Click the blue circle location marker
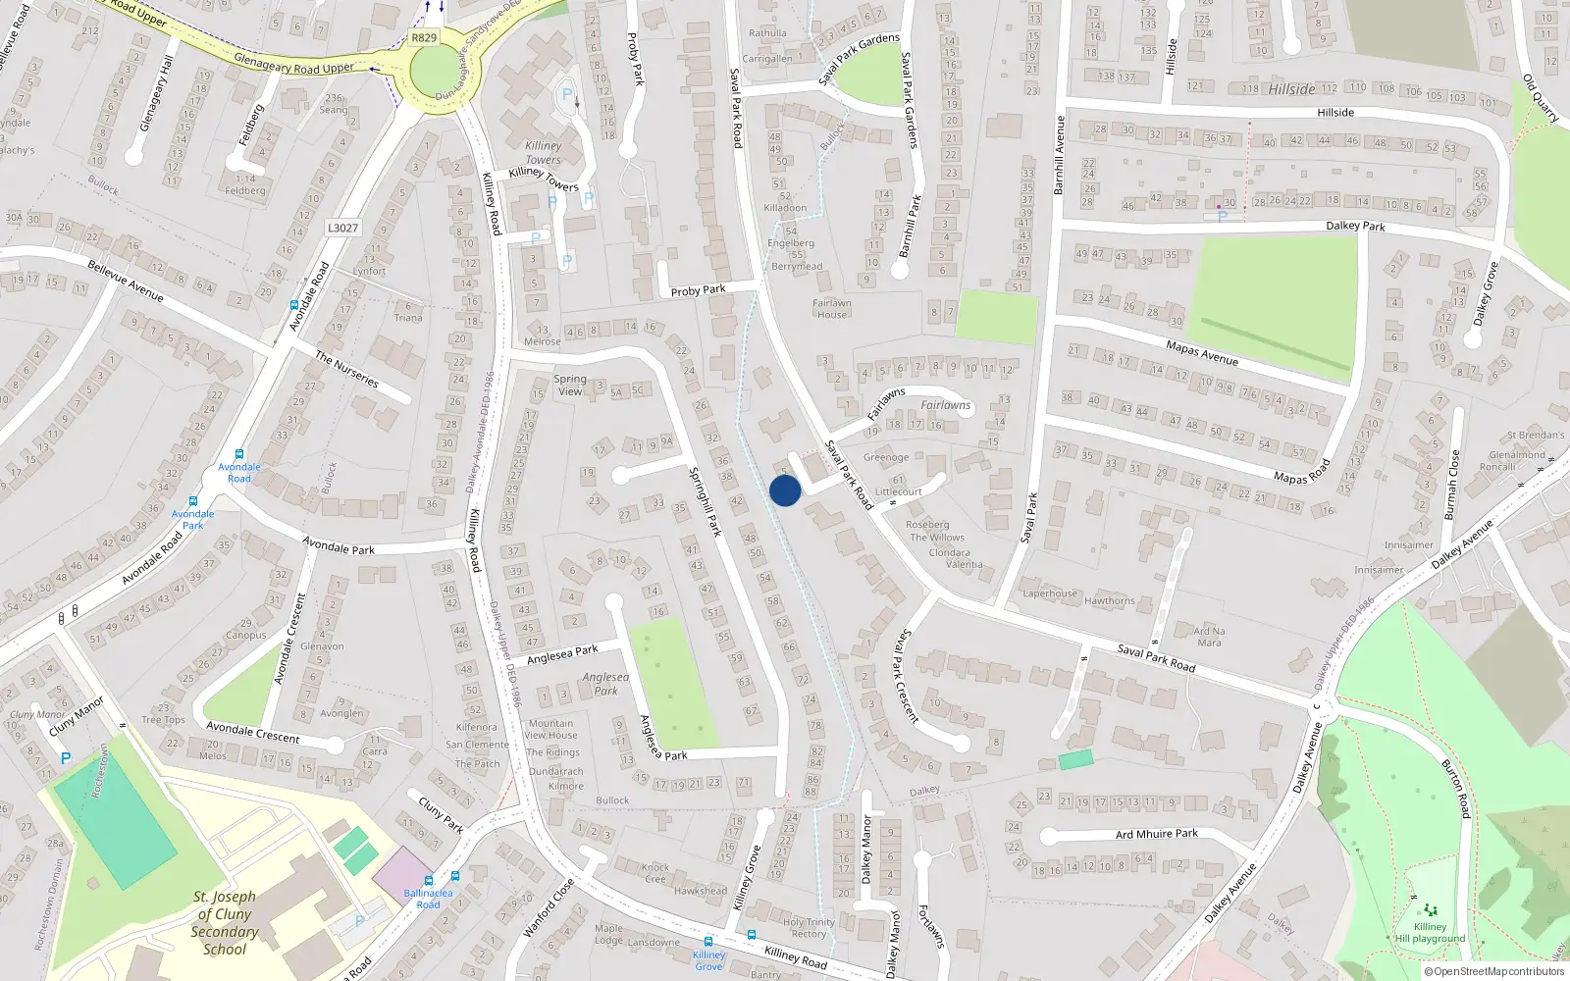coord(785,490)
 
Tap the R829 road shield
coord(424,38)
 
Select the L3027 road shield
coord(342,228)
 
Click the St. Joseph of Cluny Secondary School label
coord(225,923)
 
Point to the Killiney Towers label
coord(543,152)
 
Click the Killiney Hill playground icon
coord(1430,910)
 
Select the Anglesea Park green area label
coord(605,684)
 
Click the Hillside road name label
coord(1334,113)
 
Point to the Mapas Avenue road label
coord(1202,353)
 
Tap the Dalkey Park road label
coord(1355,226)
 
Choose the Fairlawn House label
coord(831,309)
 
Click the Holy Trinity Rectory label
coord(809,928)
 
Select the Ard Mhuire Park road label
coord(1157,834)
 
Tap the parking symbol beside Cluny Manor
coord(66,758)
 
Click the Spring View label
coord(570,385)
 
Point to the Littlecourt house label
coord(898,491)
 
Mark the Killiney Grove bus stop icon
coord(752,935)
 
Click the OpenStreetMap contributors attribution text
coord(1498,971)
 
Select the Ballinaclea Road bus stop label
coord(428,899)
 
